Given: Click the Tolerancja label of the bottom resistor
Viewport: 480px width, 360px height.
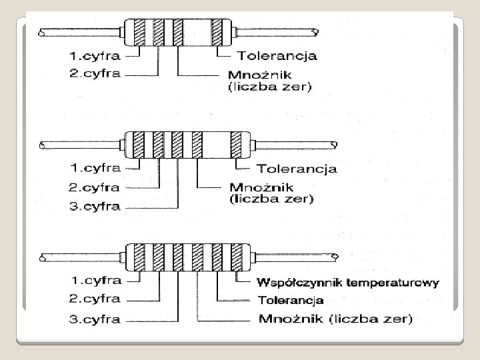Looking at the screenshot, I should pos(290,301).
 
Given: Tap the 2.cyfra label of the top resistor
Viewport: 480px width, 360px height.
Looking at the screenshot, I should pos(94,73).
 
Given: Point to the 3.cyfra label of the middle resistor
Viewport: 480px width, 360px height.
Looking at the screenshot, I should pos(94,206).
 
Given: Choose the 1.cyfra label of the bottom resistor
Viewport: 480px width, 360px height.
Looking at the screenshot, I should pos(94,280).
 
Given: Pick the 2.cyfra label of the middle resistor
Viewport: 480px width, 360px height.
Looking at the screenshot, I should pos(94,187).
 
